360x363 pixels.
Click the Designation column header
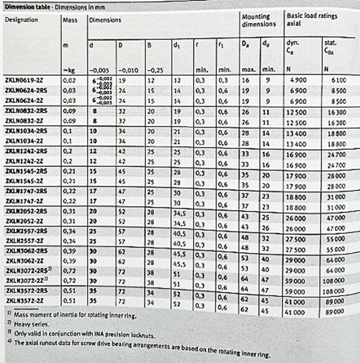[x=21, y=20]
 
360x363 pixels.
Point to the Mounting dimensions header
[x=259, y=20]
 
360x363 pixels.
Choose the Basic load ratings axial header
[x=312, y=20]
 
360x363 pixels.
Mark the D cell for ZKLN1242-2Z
[x=123, y=161]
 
